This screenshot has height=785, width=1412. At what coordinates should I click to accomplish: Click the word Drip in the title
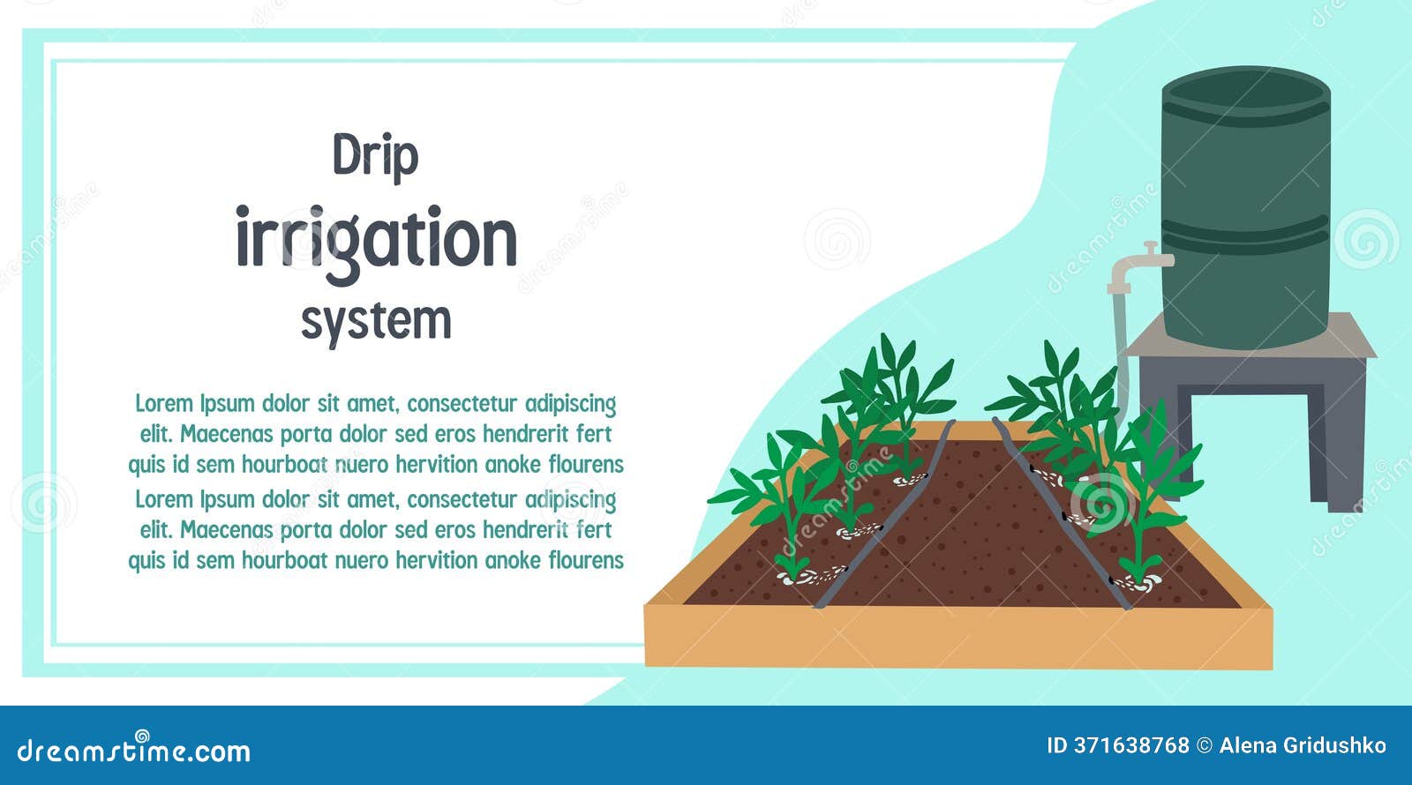click(x=375, y=157)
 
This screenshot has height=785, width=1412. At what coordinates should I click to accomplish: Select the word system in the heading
click(x=376, y=320)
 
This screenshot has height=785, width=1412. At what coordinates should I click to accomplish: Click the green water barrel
click(x=1245, y=176)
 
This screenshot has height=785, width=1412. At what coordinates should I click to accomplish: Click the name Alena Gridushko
click(x=1303, y=745)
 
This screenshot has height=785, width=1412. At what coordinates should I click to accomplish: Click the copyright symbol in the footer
click(x=1204, y=745)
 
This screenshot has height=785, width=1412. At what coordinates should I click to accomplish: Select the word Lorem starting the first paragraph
click(x=164, y=404)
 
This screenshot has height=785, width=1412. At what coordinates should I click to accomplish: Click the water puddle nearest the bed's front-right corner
click(x=1138, y=581)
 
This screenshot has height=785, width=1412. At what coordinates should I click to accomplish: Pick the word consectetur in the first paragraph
click(x=462, y=404)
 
